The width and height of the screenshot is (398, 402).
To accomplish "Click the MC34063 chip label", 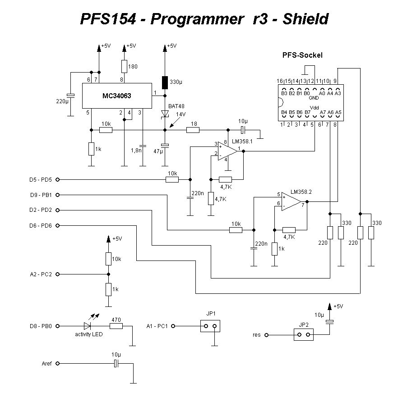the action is (x=116, y=96).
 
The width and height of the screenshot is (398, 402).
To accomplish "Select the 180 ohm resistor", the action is (x=124, y=67).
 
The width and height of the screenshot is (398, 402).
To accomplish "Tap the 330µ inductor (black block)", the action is (x=165, y=82).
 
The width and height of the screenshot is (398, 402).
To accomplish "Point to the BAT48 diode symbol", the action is (x=165, y=114).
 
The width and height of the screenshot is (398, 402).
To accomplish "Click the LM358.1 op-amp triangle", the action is (x=227, y=151).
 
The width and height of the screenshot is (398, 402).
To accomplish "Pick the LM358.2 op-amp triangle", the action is (x=291, y=201).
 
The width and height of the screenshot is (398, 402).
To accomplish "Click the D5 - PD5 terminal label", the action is (x=40, y=180).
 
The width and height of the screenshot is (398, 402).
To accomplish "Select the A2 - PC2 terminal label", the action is (x=41, y=274).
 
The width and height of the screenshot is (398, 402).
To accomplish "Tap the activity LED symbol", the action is (x=87, y=326).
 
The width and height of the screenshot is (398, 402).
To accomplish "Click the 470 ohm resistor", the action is (x=116, y=326).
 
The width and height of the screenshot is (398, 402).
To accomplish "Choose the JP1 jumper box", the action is (x=210, y=326).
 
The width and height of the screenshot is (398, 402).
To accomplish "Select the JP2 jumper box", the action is (x=304, y=334).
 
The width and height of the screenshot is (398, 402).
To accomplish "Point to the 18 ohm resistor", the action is (x=193, y=130).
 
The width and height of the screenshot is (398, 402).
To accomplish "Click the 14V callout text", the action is (x=181, y=114).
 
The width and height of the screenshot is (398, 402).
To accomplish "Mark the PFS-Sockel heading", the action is (x=302, y=55).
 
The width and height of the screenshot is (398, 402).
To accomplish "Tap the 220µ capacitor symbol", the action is (x=70, y=96).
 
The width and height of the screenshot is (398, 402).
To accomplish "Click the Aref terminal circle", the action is (x=57, y=363).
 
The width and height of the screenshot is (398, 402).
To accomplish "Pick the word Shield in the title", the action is (x=305, y=19).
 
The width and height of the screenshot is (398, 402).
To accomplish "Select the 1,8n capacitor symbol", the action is (x=142, y=146).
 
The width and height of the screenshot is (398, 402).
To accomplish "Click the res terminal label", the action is (x=256, y=335).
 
